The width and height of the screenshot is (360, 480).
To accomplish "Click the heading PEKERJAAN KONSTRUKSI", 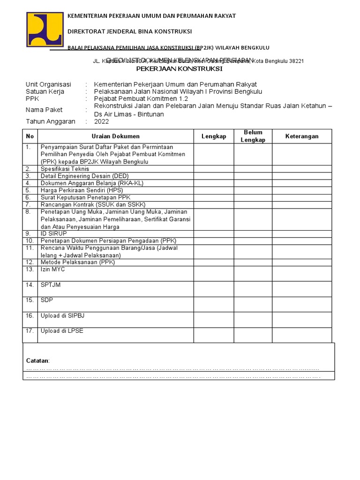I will [180, 69].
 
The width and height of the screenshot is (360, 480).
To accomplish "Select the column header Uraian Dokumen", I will [115, 136].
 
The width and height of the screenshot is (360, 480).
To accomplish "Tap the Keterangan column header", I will [302, 136].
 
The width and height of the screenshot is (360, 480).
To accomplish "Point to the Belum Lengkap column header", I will [253, 136].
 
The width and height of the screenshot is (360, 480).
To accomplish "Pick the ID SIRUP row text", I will [54, 233].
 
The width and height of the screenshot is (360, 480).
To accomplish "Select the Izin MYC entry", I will [52, 270].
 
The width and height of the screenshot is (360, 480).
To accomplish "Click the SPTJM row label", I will [51, 285].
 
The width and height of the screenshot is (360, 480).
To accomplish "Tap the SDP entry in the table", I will [47, 300].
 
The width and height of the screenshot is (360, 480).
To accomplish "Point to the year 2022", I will [101, 121].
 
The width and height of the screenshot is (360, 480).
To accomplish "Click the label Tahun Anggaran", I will [50, 121].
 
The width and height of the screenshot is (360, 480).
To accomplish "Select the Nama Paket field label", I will [45, 110].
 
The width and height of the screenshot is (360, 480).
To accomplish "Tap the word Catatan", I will [37, 360].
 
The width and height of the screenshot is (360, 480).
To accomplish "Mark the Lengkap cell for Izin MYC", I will [214, 273].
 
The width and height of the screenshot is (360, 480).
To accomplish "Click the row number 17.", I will [30, 331].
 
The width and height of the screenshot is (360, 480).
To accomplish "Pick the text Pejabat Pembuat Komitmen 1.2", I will [141, 99].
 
